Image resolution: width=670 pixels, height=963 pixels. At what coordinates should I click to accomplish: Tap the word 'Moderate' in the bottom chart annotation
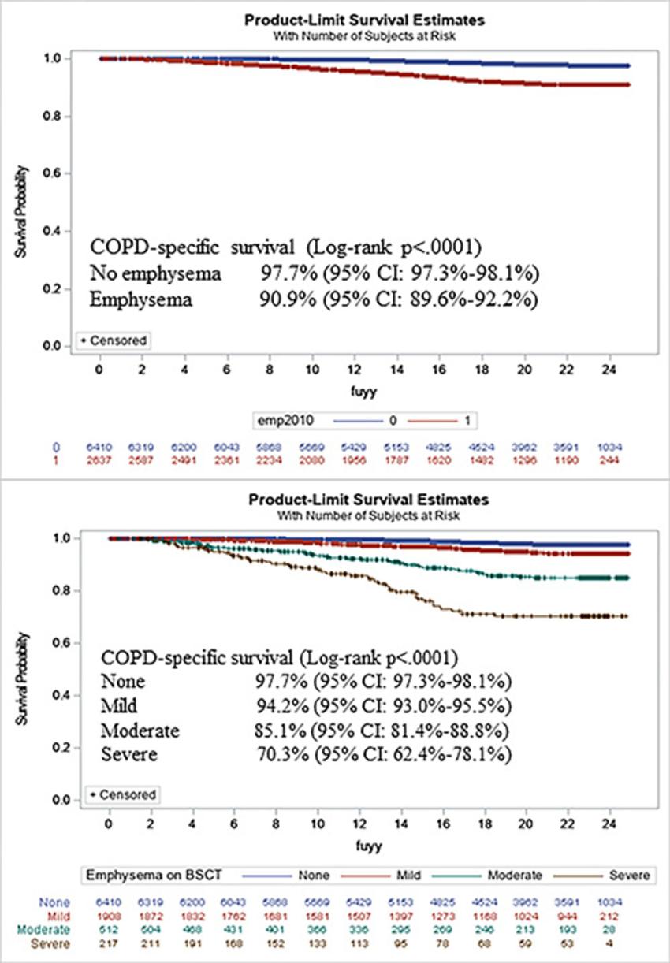click(x=140, y=730)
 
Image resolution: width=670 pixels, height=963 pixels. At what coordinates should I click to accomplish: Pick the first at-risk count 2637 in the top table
click(x=99, y=458)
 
